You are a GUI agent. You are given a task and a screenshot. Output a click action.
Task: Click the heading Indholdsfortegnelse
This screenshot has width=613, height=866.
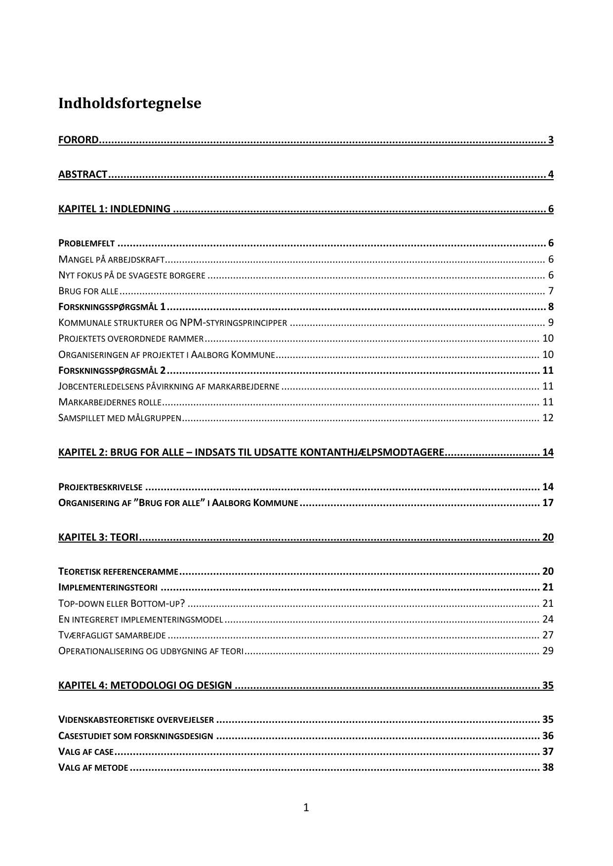click(129, 104)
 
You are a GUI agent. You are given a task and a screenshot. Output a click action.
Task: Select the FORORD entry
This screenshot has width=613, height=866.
click(79, 140)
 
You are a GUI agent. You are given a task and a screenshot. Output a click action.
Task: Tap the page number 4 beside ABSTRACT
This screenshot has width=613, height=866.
click(550, 174)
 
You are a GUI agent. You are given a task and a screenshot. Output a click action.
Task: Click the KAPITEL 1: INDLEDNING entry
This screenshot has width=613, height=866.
click(114, 209)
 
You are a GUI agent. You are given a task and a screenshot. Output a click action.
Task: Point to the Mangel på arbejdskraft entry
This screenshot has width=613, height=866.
click(111, 259)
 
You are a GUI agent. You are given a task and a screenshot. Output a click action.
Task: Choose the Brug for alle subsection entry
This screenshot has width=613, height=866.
click(88, 291)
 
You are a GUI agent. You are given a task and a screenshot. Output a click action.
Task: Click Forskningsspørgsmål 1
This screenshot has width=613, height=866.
click(112, 307)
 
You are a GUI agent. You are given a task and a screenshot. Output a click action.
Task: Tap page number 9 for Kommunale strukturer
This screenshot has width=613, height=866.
click(550, 323)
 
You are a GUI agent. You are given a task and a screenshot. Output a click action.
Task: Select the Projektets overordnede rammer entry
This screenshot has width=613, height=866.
click(131, 339)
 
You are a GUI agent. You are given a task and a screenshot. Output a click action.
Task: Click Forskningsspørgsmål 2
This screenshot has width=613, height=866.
click(112, 370)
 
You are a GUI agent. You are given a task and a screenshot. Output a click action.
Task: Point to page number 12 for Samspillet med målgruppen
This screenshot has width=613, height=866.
click(548, 418)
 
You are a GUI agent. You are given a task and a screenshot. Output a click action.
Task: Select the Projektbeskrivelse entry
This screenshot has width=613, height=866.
click(100, 487)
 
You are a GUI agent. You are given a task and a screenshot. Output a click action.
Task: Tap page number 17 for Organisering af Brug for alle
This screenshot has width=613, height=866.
click(548, 503)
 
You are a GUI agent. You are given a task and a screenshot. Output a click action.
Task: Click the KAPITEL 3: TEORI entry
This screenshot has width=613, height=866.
click(98, 537)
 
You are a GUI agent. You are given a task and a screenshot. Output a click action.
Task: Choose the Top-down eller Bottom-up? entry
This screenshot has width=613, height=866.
click(122, 603)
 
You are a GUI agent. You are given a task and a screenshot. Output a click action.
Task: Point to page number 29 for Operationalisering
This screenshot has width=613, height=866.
click(548, 651)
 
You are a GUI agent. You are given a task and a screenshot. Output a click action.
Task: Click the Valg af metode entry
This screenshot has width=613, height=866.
click(93, 768)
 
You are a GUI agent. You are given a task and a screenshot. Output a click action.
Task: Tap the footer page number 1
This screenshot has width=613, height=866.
click(306, 808)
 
